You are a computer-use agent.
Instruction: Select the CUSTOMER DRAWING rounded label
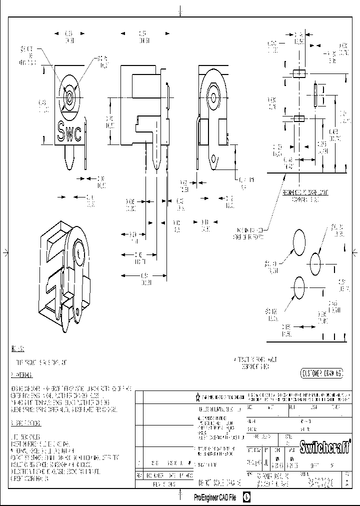click(x=322, y=373)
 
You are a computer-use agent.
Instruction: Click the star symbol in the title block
click(x=197, y=397)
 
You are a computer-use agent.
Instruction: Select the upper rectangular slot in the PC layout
click(x=298, y=74)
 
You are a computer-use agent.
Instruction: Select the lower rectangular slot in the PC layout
click(x=298, y=118)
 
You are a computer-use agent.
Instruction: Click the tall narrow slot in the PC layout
click(x=316, y=96)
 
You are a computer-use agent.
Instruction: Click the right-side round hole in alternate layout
click(x=316, y=262)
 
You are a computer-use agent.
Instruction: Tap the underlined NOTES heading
click(x=18, y=348)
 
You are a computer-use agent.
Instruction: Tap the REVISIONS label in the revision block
click(x=165, y=484)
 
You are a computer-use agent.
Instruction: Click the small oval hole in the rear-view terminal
click(x=215, y=160)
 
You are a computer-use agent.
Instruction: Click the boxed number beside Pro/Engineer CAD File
click(x=246, y=497)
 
